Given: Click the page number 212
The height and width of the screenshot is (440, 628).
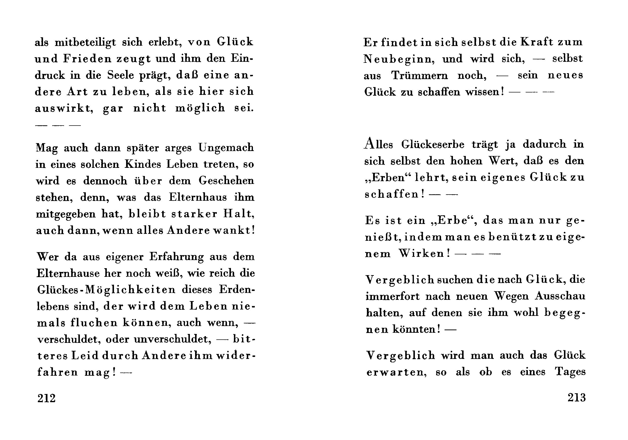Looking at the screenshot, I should click(46, 398).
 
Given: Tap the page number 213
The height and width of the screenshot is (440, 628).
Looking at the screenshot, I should click(577, 397).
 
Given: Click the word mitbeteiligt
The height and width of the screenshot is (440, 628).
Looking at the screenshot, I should click(85, 42).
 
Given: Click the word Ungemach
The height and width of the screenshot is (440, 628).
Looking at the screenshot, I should click(226, 148).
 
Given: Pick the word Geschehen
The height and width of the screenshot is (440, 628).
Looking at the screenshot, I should click(226, 181).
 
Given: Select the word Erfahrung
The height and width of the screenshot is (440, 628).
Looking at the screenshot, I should click(177, 257).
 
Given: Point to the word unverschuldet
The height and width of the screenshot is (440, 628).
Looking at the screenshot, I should click(173, 339).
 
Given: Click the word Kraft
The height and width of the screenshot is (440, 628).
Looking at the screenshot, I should click(536, 42).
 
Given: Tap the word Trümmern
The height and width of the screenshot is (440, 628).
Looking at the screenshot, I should click(420, 75).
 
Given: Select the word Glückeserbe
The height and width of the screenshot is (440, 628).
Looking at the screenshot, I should click(433, 144).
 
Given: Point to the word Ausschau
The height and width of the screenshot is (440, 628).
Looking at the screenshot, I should click(560, 296).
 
